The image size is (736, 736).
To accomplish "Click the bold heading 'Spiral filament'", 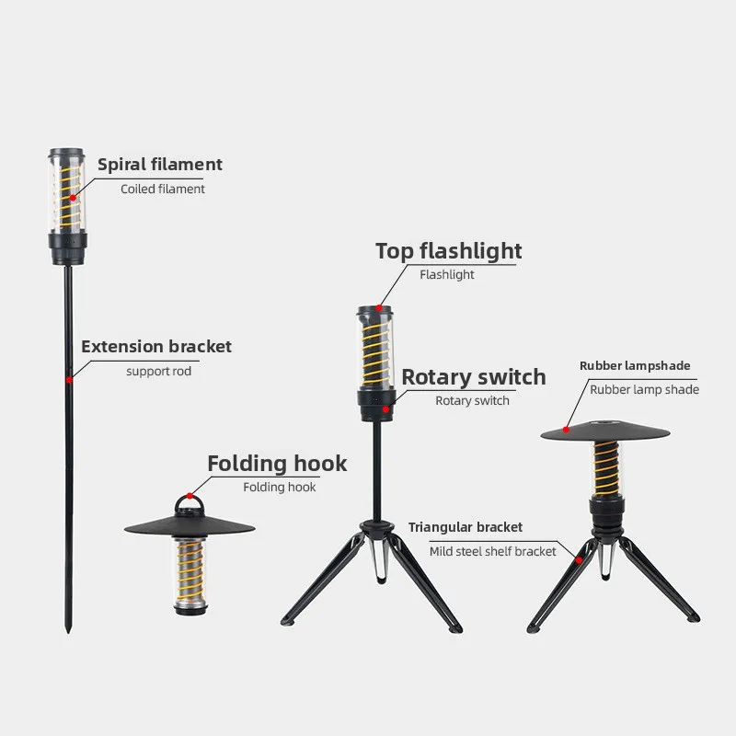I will coord(160,166).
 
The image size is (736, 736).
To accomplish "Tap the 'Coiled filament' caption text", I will coord(163,189).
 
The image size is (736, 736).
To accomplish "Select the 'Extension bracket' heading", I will coord(156,347).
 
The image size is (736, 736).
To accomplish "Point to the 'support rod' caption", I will coord(159,372).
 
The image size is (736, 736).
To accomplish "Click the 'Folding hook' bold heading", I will coord(277,463).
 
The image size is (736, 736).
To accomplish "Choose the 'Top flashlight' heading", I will coord(448,251).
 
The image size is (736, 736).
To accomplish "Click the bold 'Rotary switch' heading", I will coord(473,377).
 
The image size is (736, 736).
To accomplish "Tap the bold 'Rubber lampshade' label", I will coord(635,366).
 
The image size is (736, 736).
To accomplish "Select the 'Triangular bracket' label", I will coord(466,527).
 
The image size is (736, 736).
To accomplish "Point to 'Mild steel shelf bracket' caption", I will coord(493,552).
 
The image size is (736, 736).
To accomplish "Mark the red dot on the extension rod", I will coord(68,378).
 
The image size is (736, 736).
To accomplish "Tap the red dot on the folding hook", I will coord(190,494).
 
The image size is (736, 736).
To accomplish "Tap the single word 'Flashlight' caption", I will coord(447,275).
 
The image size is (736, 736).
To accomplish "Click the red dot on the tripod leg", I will coord(579,558).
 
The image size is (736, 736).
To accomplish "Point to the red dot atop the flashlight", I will coord(377,308).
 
